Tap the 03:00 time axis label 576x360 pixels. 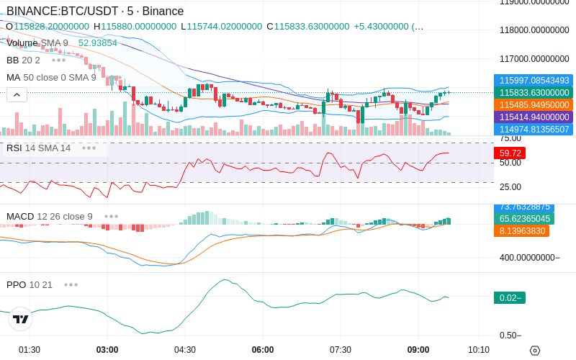(107, 350)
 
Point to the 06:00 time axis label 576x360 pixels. (263, 350)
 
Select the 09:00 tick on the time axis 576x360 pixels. (418, 350)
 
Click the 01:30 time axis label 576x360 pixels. (30, 350)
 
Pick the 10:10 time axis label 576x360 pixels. (479, 350)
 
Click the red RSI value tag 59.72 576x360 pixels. (510, 153)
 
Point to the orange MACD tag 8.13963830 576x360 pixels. (521, 231)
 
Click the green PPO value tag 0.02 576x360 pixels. (510, 297)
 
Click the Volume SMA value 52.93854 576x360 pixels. (97, 43)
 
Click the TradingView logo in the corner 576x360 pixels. (20, 319)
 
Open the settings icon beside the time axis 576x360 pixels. (534, 351)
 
